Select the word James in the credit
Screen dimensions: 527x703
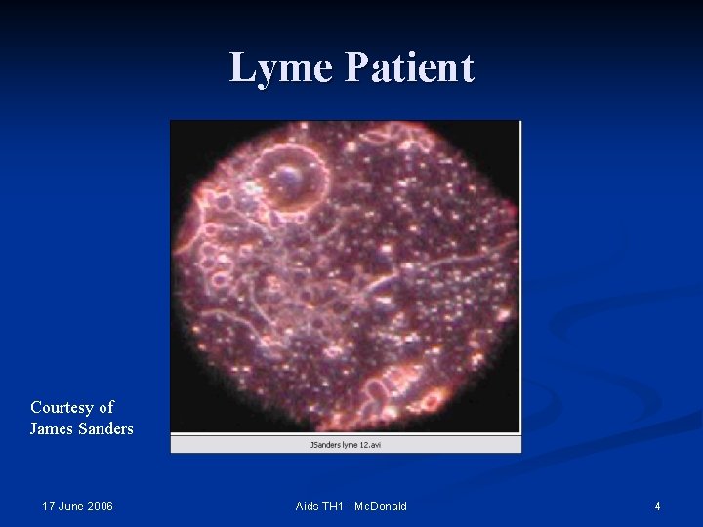54,428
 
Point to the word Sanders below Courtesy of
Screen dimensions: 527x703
106,428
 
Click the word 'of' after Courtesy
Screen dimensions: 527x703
105,407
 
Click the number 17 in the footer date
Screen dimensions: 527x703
49,507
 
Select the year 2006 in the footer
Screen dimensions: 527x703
101,507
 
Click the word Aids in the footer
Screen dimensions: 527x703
308,507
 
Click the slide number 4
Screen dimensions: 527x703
657,507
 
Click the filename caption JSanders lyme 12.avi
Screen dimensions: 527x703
346,444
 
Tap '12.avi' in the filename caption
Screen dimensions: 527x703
370,444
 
